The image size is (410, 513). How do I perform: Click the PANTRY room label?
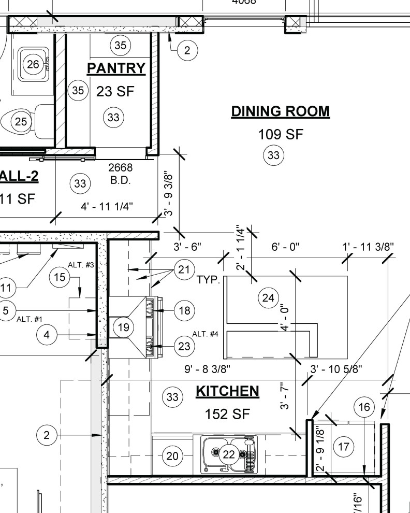click(x=116, y=68)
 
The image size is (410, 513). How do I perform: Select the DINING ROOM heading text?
click(x=280, y=111)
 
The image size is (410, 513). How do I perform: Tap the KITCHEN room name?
click(x=227, y=391)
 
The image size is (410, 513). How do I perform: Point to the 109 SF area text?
click(x=280, y=135)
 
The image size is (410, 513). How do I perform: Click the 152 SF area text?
click(x=228, y=414)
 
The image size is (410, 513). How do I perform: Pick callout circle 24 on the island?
click(x=268, y=297)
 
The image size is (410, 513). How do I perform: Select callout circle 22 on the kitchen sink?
click(x=229, y=455)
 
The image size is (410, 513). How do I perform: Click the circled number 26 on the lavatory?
click(x=33, y=64)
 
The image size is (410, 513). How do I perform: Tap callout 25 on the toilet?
click(x=21, y=122)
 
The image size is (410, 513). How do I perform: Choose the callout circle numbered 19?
click(x=123, y=327)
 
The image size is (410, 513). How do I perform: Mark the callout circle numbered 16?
click(x=364, y=407)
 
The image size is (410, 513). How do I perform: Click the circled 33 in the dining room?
click(x=274, y=155)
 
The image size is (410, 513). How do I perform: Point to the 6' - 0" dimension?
click(x=285, y=247)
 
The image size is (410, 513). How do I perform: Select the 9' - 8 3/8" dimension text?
click(x=207, y=369)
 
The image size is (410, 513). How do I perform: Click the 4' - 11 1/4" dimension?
click(x=107, y=206)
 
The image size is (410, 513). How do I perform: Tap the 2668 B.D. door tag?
click(x=120, y=174)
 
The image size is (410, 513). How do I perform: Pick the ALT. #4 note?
click(x=205, y=334)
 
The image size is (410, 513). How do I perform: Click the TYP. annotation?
click(x=209, y=280)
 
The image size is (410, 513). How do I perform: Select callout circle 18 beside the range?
click(x=184, y=310)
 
